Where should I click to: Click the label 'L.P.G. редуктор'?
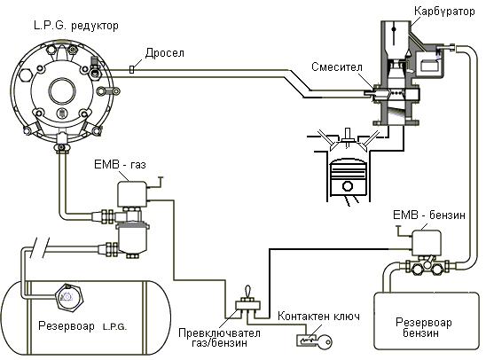pyautogui.click(x=76, y=26)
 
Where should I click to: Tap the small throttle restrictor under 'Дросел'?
pyautogui.click(x=132, y=69)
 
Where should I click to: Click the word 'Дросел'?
pyautogui.click(x=165, y=53)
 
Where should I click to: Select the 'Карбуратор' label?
pyautogui.click(x=444, y=12)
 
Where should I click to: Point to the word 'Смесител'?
pyautogui.click(x=337, y=67)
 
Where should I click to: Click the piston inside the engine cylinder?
pyautogui.click(x=348, y=178)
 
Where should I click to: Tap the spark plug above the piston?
pyautogui.click(x=348, y=137)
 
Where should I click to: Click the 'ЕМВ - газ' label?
pyautogui.click(x=120, y=164)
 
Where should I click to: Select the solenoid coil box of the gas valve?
pyautogui.click(x=132, y=194)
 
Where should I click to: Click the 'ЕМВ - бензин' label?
pyautogui.click(x=429, y=215)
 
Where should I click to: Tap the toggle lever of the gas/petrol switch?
pyautogui.click(x=248, y=292)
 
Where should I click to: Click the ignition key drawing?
pyautogui.click(x=314, y=340)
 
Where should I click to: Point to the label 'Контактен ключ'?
pyautogui.click(x=318, y=317)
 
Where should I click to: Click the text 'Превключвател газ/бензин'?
pyautogui.click(x=219, y=338)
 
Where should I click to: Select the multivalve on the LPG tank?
pyautogui.click(x=69, y=297)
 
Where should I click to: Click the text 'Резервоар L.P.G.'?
pyautogui.click(x=82, y=326)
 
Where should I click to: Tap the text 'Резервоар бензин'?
pyautogui.click(x=423, y=327)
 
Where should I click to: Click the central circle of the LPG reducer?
pyautogui.click(x=62, y=91)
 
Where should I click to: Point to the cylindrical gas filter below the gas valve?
pyautogui.click(x=132, y=238)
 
